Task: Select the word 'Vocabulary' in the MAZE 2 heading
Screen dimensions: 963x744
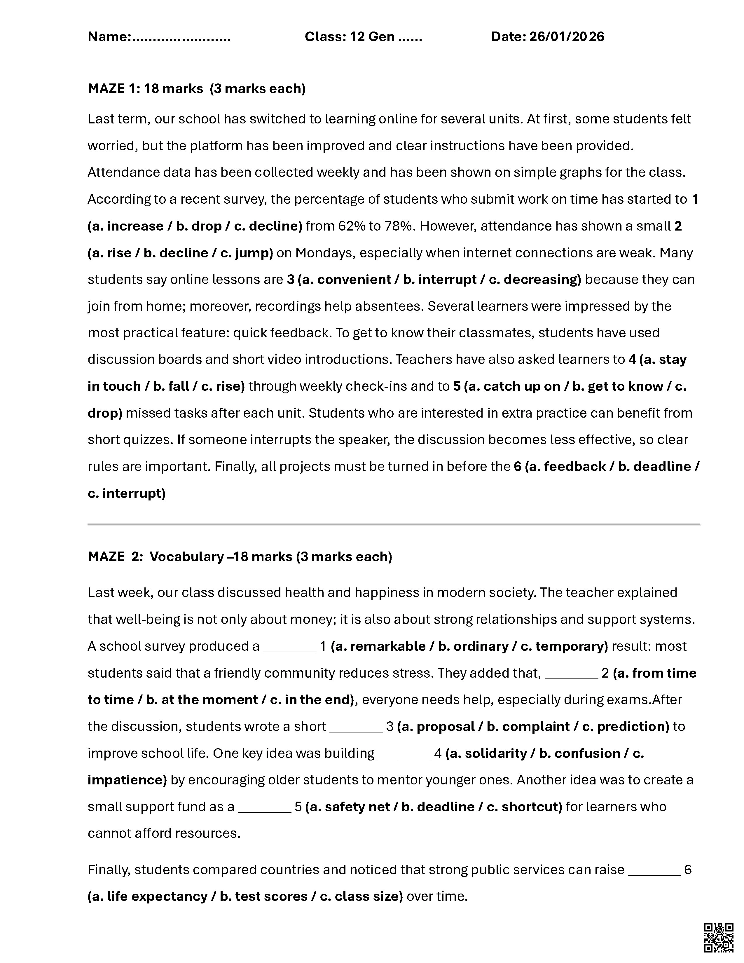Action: pos(186,557)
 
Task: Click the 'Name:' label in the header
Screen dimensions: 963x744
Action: pos(109,36)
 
